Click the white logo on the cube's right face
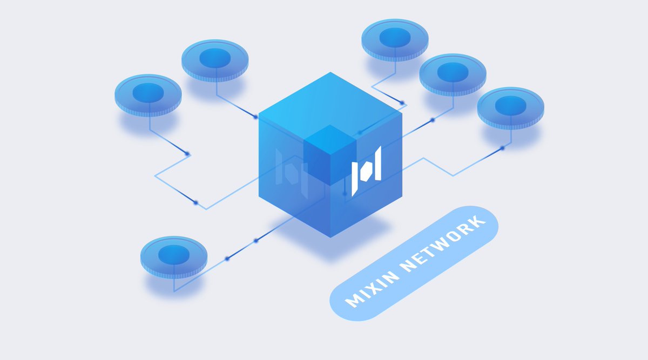click(x=366, y=171)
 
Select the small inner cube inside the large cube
click(x=330, y=155)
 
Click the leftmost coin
click(x=148, y=96)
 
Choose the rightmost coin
click(x=511, y=108)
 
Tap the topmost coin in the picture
click(x=395, y=40)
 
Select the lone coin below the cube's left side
click(x=174, y=257)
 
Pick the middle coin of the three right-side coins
click(x=453, y=74)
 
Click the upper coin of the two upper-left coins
click(x=215, y=61)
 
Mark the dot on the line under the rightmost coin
click(x=502, y=148)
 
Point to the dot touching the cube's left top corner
click(x=256, y=117)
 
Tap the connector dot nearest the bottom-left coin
click(x=227, y=259)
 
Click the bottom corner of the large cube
click(x=330, y=237)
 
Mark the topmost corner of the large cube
click(x=330, y=72)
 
